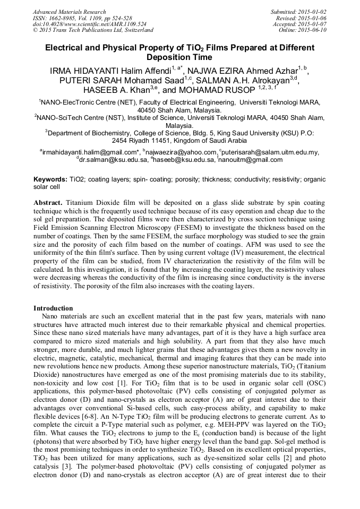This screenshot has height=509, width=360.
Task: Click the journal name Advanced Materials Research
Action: [x=69, y=12]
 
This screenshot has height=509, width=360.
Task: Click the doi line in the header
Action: [x=89, y=24]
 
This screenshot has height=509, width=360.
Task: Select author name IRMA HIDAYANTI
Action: [x=81, y=70]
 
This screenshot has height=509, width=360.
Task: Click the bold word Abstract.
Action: [x=49, y=203]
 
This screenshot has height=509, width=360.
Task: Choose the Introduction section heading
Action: [x=53, y=308]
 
